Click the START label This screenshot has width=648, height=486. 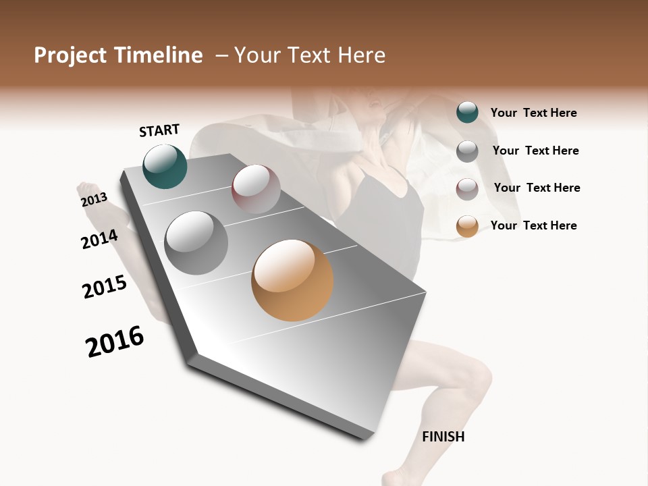pyautogui.click(x=159, y=130)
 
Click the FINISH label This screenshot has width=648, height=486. pyautogui.click(x=443, y=437)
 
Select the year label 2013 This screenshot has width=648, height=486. pyautogui.click(x=94, y=200)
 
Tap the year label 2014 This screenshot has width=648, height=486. pyautogui.click(x=99, y=239)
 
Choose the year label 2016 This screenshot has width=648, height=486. pyautogui.click(x=115, y=342)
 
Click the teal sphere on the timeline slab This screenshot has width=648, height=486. pyautogui.click(x=165, y=166)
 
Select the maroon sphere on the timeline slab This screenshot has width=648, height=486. pyautogui.click(x=256, y=189)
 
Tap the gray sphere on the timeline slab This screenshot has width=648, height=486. pyautogui.click(x=196, y=243)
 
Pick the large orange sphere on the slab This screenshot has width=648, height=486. pyautogui.click(x=292, y=280)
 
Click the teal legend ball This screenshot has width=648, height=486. pyautogui.click(x=467, y=112)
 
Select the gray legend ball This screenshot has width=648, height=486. pyautogui.click(x=467, y=151)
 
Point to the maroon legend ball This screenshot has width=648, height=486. pyautogui.click(x=467, y=189)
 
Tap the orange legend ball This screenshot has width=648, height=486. pyautogui.click(x=467, y=226)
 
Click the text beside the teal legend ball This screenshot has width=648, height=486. pyautogui.click(x=533, y=113)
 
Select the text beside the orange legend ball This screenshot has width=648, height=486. pyautogui.click(x=533, y=225)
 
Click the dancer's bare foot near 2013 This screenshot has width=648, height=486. pyautogui.click(x=91, y=191)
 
